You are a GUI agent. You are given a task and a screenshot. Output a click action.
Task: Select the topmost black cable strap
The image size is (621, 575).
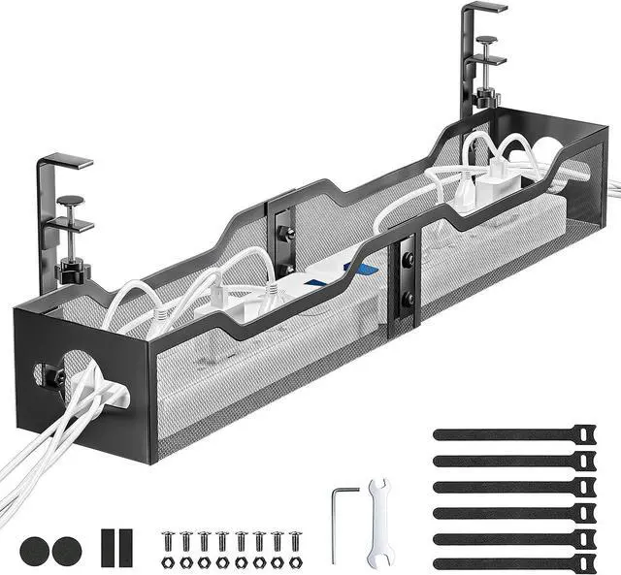tap(515, 432)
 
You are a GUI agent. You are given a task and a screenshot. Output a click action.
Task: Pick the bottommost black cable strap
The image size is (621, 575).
tap(515, 562)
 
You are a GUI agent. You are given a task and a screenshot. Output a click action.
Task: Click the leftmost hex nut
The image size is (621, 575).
tap(166, 560)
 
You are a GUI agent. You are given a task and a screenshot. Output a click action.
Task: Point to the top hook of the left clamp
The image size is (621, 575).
tap(66, 157)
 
